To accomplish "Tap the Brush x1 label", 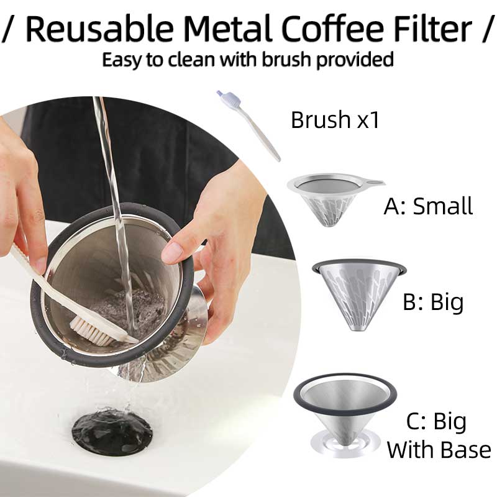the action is (x=335, y=120).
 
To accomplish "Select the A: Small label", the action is (x=428, y=206).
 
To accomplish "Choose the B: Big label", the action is (x=433, y=302).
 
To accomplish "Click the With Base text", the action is (x=439, y=450).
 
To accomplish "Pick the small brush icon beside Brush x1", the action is (x=248, y=125).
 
